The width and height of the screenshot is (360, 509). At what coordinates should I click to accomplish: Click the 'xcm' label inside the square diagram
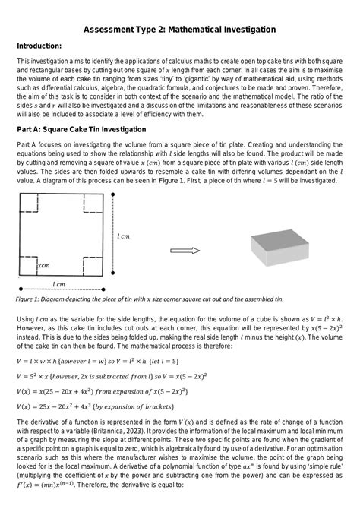coord(43,266)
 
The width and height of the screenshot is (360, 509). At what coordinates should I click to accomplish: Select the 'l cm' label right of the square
coord(123,237)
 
